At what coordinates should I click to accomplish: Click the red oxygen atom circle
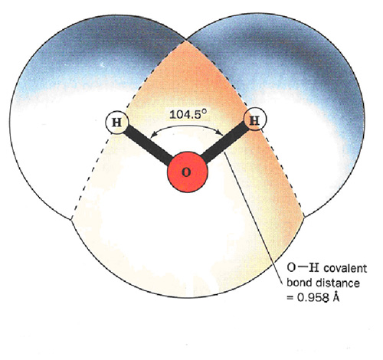(x=188, y=172)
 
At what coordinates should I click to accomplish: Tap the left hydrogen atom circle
(x=117, y=123)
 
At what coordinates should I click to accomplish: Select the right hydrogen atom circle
(x=254, y=119)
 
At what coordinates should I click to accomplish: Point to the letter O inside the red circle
(x=186, y=172)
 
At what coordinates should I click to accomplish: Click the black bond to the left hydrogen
(x=147, y=145)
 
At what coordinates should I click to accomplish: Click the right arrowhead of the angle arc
(x=220, y=133)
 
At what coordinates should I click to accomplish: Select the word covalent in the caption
(x=345, y=269)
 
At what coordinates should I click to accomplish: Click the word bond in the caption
(x=300, y=283)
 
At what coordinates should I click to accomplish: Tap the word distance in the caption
(x=338, y=283)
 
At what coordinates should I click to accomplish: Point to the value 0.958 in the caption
(x=313, y=298)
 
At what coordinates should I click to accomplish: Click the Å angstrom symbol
(x=336, y=296)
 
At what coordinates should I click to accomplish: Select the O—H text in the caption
(x=303, y=268)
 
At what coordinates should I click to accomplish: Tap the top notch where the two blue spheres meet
(x=186, y=40)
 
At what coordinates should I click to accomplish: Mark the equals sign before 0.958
(x=290, y=298)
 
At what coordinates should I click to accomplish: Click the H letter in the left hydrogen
(x=117, y=123)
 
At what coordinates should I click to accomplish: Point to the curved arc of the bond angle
(x=187, y=126)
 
